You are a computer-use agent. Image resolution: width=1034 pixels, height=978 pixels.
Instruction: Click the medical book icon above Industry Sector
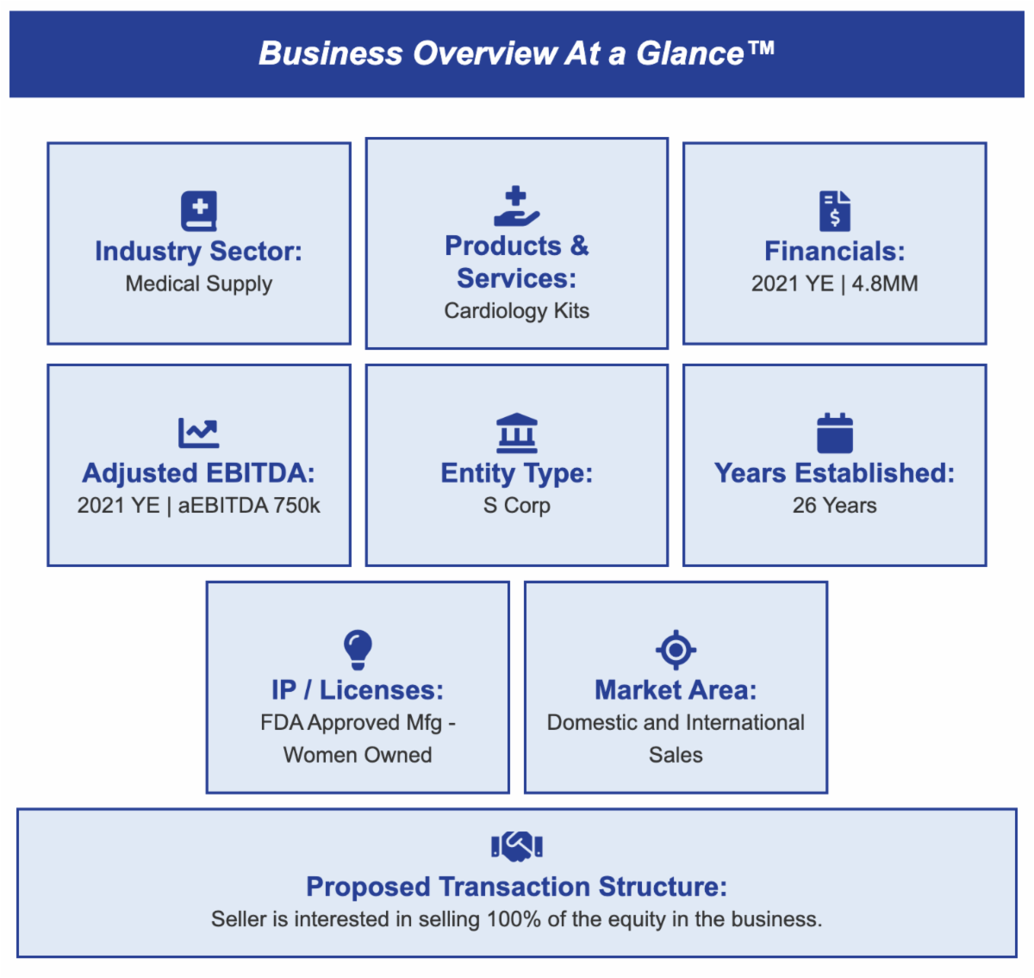click(199, 211)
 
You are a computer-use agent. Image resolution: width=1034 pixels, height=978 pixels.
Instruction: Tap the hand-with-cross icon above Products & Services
click(516, 207)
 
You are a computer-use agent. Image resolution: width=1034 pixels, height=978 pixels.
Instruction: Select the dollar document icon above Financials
click(834, 211)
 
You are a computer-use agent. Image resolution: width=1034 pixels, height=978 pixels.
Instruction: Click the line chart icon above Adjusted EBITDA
click(199, 433)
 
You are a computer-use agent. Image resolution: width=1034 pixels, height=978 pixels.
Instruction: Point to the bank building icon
click(516, 433)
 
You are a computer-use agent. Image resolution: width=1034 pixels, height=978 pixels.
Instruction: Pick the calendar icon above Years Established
click(834, 433)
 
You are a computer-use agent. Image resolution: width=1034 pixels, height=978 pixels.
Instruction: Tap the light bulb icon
click(358, 650)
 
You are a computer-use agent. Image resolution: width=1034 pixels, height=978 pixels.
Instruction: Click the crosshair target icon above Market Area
click(676, 650)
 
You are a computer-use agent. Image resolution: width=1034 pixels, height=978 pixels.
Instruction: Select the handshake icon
click(516, 846)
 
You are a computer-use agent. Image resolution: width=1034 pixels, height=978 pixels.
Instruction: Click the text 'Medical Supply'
click(199, 283)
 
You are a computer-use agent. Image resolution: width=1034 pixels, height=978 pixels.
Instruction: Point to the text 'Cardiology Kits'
click(516, 311)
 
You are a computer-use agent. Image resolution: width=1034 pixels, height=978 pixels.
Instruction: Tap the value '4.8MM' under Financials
click(885, 283)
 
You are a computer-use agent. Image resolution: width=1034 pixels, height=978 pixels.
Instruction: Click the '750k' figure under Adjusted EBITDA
click(296, 506)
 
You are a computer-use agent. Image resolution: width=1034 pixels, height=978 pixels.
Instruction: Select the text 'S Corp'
click(516, 506)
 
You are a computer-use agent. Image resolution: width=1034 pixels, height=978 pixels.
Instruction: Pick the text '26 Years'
click(834, 506)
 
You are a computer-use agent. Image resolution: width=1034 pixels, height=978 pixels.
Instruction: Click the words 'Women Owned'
click(358, 755)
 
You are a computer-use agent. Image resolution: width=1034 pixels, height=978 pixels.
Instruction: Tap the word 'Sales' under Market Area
click(676, 755)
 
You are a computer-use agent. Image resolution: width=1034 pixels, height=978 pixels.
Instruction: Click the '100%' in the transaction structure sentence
click(514, 919)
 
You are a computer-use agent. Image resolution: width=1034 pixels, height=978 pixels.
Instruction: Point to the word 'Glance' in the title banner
click(690, 53)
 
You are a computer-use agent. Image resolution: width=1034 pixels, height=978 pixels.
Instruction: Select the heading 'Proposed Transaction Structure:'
click(516, 887)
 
